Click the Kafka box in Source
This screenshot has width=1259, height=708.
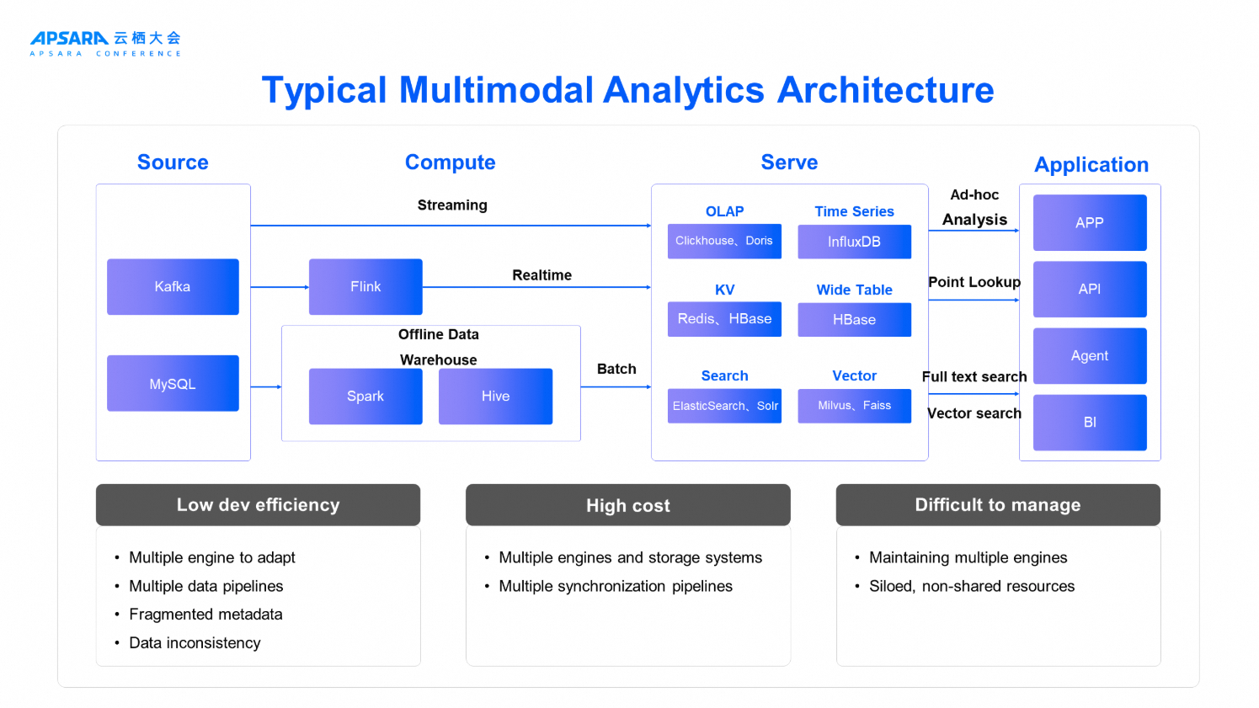(173, 286)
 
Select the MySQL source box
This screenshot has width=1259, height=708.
(173, 383)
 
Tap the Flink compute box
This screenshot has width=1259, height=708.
(365, 286)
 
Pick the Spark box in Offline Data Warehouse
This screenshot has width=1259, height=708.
(365, 397)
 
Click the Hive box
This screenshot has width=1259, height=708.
(495, 397)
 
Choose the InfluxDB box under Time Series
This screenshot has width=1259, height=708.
(854, 242)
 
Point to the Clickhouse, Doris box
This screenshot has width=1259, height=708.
(724, 241)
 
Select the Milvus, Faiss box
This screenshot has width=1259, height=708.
(854, 406)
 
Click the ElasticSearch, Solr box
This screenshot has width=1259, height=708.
(724, 406)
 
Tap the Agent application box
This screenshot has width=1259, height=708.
(1090, 356)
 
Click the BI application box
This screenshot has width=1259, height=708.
(1090, 423)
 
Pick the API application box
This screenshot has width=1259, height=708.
(1090, 289)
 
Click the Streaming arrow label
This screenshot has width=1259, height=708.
(452, 205)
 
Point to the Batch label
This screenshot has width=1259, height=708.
(616, 369)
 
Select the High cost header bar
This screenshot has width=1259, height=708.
(627, 504)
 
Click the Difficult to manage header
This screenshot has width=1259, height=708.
(998, 504)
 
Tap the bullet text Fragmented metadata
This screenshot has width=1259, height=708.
(205, 615)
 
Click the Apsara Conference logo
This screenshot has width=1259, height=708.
(105, 43)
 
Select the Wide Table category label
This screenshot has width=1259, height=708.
(854, 290)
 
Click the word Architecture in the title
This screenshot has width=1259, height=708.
(885, 90)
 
